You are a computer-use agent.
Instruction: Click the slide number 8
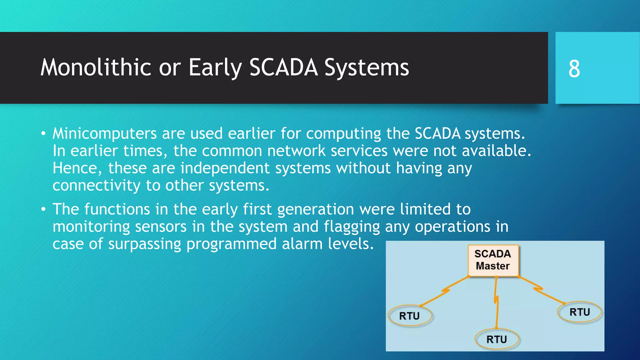click(574, 69)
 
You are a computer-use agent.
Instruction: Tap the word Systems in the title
click(367, 68)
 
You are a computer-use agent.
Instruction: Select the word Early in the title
click(215, 68)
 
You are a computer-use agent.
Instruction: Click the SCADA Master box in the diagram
click(493, 260)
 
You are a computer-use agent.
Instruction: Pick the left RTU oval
click(410, 316)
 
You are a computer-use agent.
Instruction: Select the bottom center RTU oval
click(497, 339)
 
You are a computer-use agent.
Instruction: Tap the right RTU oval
click(579, 312)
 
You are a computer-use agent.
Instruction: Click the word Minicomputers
click(104, 134)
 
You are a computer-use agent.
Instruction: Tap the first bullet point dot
click(43, 134)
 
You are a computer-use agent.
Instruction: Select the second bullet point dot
click(43, 210)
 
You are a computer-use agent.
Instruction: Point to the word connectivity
click(96, 186)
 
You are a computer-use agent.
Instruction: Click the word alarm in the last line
click(302, 244)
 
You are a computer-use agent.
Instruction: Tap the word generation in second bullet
click(316, 210)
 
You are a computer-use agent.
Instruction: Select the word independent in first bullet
click(225, 168)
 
